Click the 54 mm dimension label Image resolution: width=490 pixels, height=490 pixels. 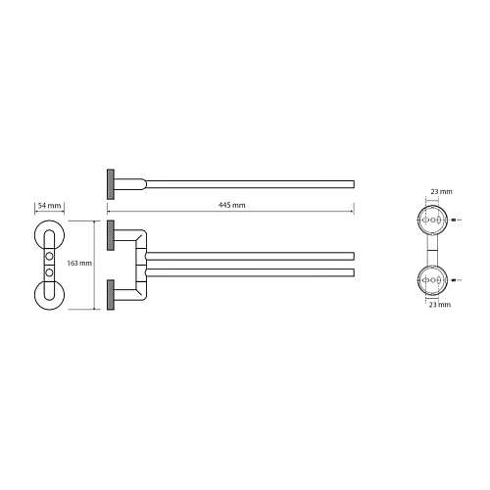click(x=49, y=206)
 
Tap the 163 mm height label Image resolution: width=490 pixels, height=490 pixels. click(x=79, y=263)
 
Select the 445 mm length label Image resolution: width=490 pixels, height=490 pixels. click(x=231, y=205)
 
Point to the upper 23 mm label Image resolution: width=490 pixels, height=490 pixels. click(x=441, y=191)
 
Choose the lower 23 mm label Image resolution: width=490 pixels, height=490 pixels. click(x=440, y=305)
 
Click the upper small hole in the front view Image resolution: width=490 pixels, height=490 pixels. click(x=49, y=256)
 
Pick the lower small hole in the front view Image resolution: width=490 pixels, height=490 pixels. click(x=49, y=271)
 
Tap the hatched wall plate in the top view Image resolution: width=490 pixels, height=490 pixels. click(x=111, y=184)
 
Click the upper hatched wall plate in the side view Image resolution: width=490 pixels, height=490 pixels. click(x=111, y=235)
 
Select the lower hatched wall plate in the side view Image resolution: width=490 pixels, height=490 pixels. click(x=111, y=295)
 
